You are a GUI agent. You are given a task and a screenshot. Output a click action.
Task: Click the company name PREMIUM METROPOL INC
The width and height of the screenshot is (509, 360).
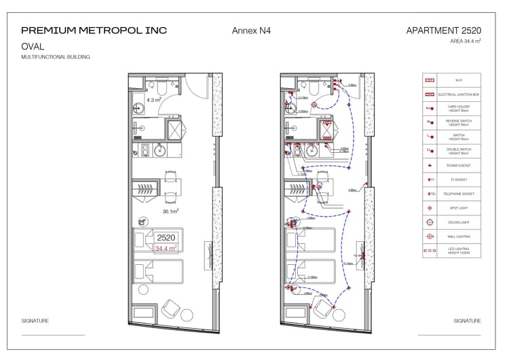pos(94,31)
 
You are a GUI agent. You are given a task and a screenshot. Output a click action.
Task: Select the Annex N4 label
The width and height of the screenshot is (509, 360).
pos(251,31)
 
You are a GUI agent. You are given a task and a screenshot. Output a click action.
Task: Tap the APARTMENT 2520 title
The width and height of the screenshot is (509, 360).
pos(443,31)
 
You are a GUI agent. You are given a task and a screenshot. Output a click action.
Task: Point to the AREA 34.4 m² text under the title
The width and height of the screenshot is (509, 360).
pos(465,41)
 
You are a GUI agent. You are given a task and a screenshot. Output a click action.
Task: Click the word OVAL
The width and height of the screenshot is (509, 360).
pos(33,47)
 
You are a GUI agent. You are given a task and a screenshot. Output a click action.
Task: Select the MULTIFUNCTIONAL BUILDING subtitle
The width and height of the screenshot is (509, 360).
pos(55,57)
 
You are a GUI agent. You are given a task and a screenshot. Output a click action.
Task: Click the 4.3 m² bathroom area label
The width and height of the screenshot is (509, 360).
pos(153,100)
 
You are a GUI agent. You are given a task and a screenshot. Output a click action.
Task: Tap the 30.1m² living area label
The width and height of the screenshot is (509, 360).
pos(170,211)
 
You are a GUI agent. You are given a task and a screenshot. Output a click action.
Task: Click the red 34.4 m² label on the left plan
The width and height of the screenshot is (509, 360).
pos(166,249)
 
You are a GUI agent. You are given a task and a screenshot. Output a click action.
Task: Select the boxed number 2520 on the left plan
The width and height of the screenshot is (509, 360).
pos(166,238)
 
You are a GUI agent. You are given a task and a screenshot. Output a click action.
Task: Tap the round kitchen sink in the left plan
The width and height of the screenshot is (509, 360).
pos(162,150)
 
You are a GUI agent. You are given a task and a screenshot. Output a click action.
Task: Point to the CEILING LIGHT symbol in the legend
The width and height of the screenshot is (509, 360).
pos(429,222)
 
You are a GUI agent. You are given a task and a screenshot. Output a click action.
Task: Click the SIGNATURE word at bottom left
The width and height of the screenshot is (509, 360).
pos(35,321)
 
